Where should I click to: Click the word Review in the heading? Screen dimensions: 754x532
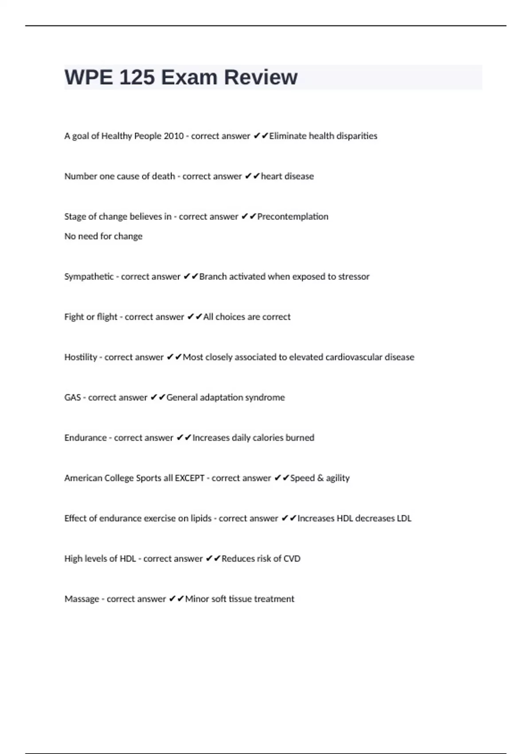(x=261, y=77)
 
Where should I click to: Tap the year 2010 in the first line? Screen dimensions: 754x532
(x=173, y=136)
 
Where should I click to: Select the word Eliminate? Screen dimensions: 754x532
(x=288, y=136)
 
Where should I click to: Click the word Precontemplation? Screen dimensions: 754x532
(x=293, y=217)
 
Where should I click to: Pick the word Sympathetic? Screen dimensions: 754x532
(x=89, y=277)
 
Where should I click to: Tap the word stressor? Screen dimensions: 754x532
(x=354, y=277)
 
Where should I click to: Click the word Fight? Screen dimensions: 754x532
(x=74, y=317)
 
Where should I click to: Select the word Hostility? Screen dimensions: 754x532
(x=80, y=357)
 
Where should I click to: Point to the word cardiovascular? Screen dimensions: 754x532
(x=354, y=357)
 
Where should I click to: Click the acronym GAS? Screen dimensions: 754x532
(x=72, y=398)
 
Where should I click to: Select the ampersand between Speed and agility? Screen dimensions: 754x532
(x=321, y=478)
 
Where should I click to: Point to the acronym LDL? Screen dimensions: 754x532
(x=404, y=518)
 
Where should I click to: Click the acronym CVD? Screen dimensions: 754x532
(x=292, y=559)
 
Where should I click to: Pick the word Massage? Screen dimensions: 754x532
(x=82, y=599)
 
